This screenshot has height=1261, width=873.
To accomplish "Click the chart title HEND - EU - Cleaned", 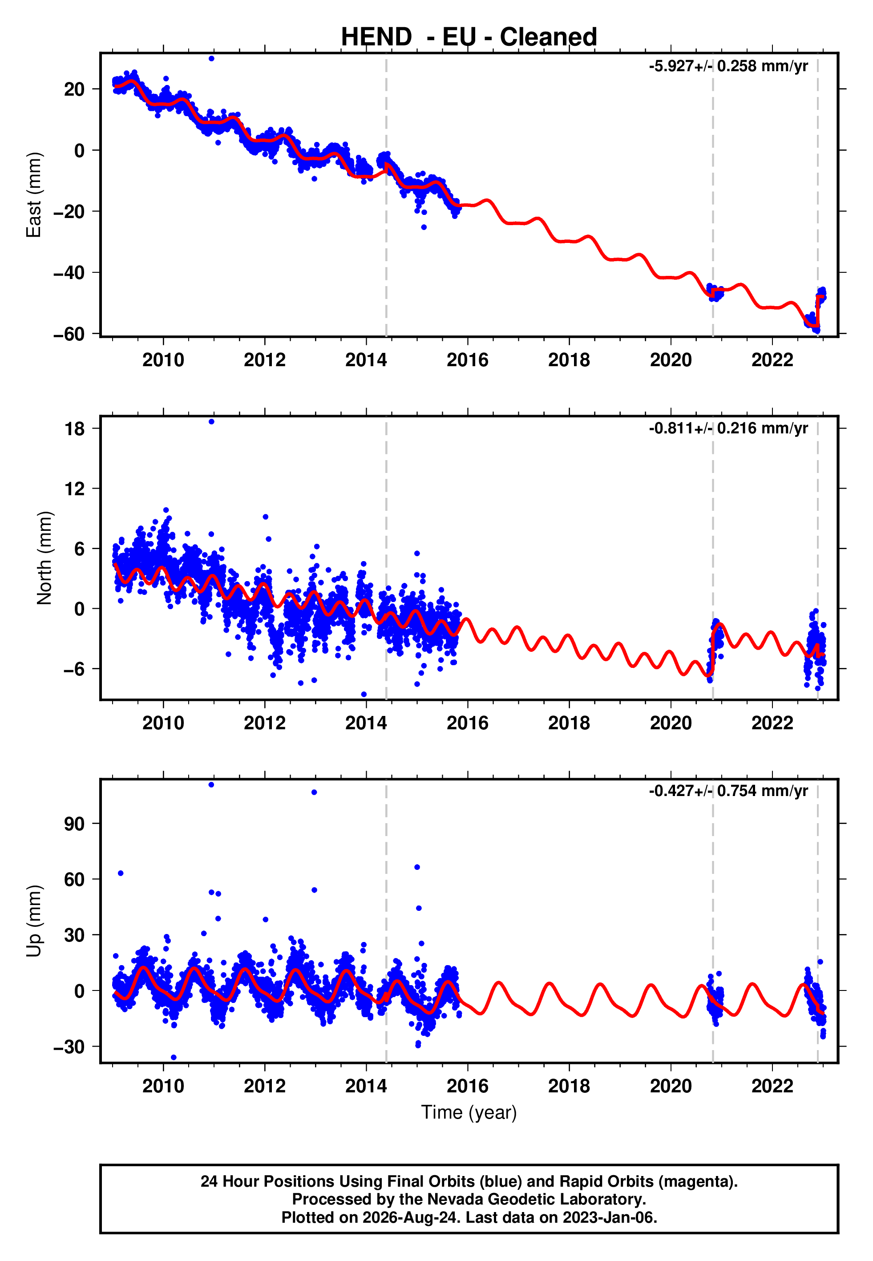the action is (x=469, y=37).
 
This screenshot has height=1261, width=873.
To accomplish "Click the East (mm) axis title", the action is (x=34, y=195).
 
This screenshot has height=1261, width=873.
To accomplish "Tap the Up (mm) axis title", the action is (x=34, y=920).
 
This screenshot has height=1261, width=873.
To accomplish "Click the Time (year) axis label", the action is (x=469, y=1113).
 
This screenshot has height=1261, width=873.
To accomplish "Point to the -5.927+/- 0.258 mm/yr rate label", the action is (x=728, y=66).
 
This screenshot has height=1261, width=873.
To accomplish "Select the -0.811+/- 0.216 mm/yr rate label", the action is (x=728, y=428).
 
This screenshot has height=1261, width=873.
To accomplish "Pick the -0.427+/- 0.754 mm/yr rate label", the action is (x=728, y=791).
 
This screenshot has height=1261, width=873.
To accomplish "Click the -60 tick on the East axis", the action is (x=69, y=334).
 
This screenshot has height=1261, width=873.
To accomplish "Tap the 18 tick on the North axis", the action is (x=75, y=429).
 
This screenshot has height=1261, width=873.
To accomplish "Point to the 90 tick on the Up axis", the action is (x=74, y=824).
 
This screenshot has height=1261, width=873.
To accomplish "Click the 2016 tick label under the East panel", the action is (x=468, y=360).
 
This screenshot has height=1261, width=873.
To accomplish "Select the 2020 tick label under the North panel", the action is (x=671, y=723).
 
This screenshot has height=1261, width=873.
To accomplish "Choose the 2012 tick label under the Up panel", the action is (x=265, y=1086).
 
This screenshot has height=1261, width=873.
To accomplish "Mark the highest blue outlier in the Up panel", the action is (x=211, y=785).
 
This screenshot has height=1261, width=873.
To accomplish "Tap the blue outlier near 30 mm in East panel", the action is (x=211, y=58).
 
